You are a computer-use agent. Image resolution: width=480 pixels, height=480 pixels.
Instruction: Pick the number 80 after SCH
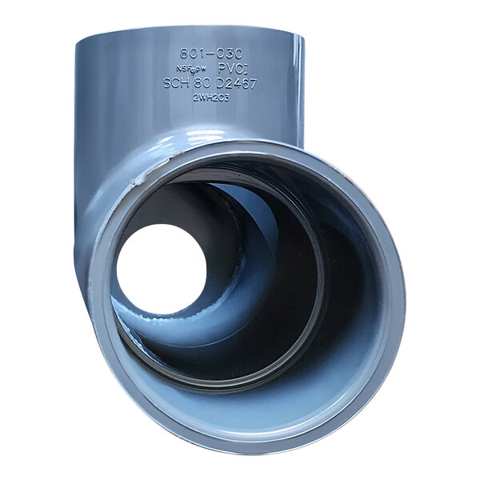pos(203,83)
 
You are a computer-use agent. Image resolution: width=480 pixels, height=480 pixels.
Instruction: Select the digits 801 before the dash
pos(191,54)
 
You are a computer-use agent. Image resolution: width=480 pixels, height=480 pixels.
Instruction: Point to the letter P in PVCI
pos(221,69)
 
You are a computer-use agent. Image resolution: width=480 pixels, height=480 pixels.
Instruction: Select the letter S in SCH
pos(167,83)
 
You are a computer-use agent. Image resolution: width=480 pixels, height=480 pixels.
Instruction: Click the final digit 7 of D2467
pos(253,83)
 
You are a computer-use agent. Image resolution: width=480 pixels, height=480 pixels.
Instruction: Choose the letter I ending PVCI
pos(249,69)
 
